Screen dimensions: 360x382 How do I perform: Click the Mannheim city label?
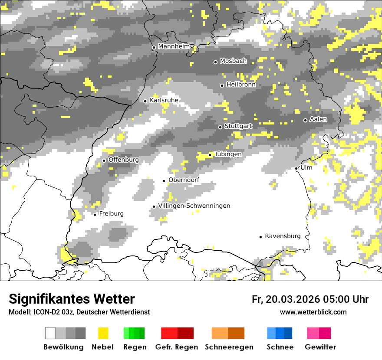pyautogui.click(x=174, y=46)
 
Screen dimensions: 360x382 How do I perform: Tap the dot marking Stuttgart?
pyautogui.click(x=221, y=127)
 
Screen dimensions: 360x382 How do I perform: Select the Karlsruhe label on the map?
pyautogui.click(x=164, y=100)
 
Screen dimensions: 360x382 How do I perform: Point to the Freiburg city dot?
pyautogui.click(x=95, y=215)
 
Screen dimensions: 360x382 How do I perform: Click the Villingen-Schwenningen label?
pyautogui.click(x=194, y=206)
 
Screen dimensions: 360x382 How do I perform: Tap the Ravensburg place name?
pyautogui.click(x=283, y=236)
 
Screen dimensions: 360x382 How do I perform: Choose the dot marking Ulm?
pyautogui.click(x=296, y=168)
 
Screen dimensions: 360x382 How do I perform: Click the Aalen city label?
pyautogui.click(x=318, y=119)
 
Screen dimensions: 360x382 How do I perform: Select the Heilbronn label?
pyautogui.click(x=240, y=85)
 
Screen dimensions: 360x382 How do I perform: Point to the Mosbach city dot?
pyautogui.click(x=215, y=62)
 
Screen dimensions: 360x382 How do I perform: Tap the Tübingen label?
pyautogui.click(x=228, y=154)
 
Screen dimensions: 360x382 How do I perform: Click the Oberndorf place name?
pyautogui.click(x=184, y=180)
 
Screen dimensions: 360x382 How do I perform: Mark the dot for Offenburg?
pyautogui.click(x=104, y=160)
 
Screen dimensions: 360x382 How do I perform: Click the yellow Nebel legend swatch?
pyautogui.click(x=103, y=333)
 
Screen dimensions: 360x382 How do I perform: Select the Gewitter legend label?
pyautogui.click(x=320, y=347)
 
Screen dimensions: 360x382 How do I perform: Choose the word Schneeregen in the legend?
pyautogui.click(x=229, y=347)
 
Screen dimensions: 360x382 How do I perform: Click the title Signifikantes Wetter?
pyautogui.click(x=72, y=299)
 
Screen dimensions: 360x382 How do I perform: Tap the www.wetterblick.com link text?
pyautogui.click(x=313, y=312)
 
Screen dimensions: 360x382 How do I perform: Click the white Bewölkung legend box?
pyautogui.click(x=50, y=333)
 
